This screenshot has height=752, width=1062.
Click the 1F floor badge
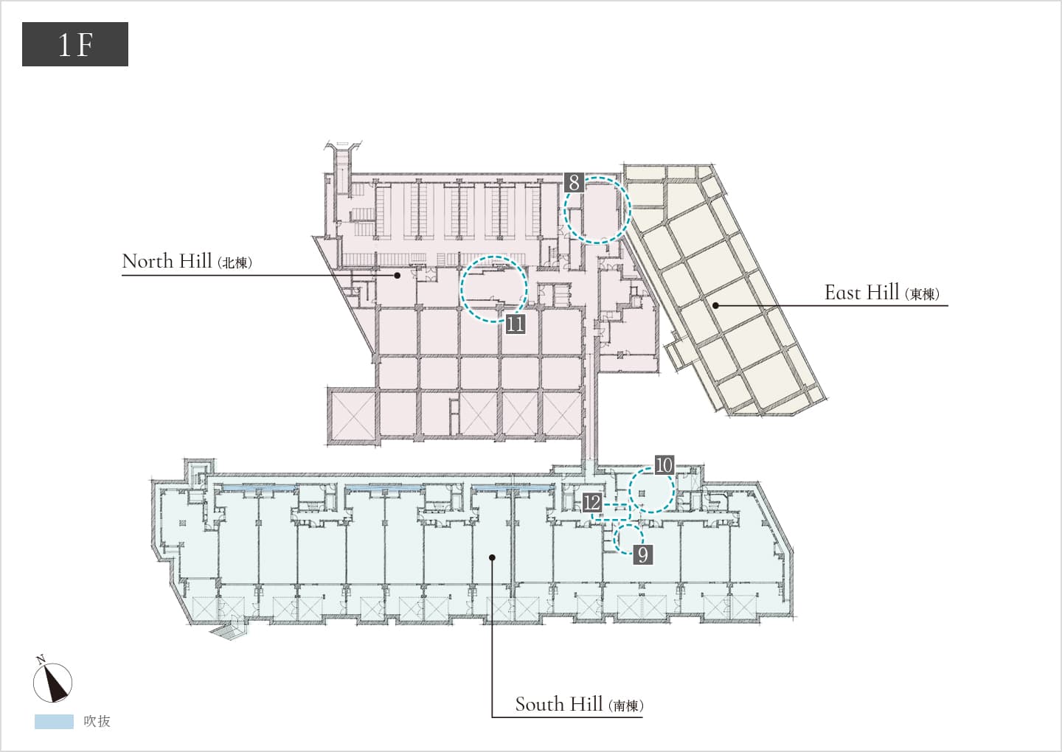click(x=75, y=44)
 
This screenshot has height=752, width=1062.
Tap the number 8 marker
click(x=574, y=182)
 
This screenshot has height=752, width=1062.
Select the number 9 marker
click(x=643, y=555)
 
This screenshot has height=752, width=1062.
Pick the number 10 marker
click(x=664, y=465)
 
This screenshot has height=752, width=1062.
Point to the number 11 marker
click(x=516, y=324)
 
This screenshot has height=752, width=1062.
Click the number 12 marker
click(x=591, y=502)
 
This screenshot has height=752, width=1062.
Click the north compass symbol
click(x=52, y=680)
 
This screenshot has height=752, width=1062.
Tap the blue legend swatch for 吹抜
click(x=54, y=721)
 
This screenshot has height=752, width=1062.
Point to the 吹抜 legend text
click(x=97, y=721)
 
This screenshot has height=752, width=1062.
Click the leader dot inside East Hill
click(x=715, y=306)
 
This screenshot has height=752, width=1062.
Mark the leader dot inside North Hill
click(x=398, y=275)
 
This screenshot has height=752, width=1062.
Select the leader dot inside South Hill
click(x=492, y=557)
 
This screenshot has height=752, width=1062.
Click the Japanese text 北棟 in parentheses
click(x=235, y=263)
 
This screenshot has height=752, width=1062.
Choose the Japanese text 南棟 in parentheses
click(x=626, y=706)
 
